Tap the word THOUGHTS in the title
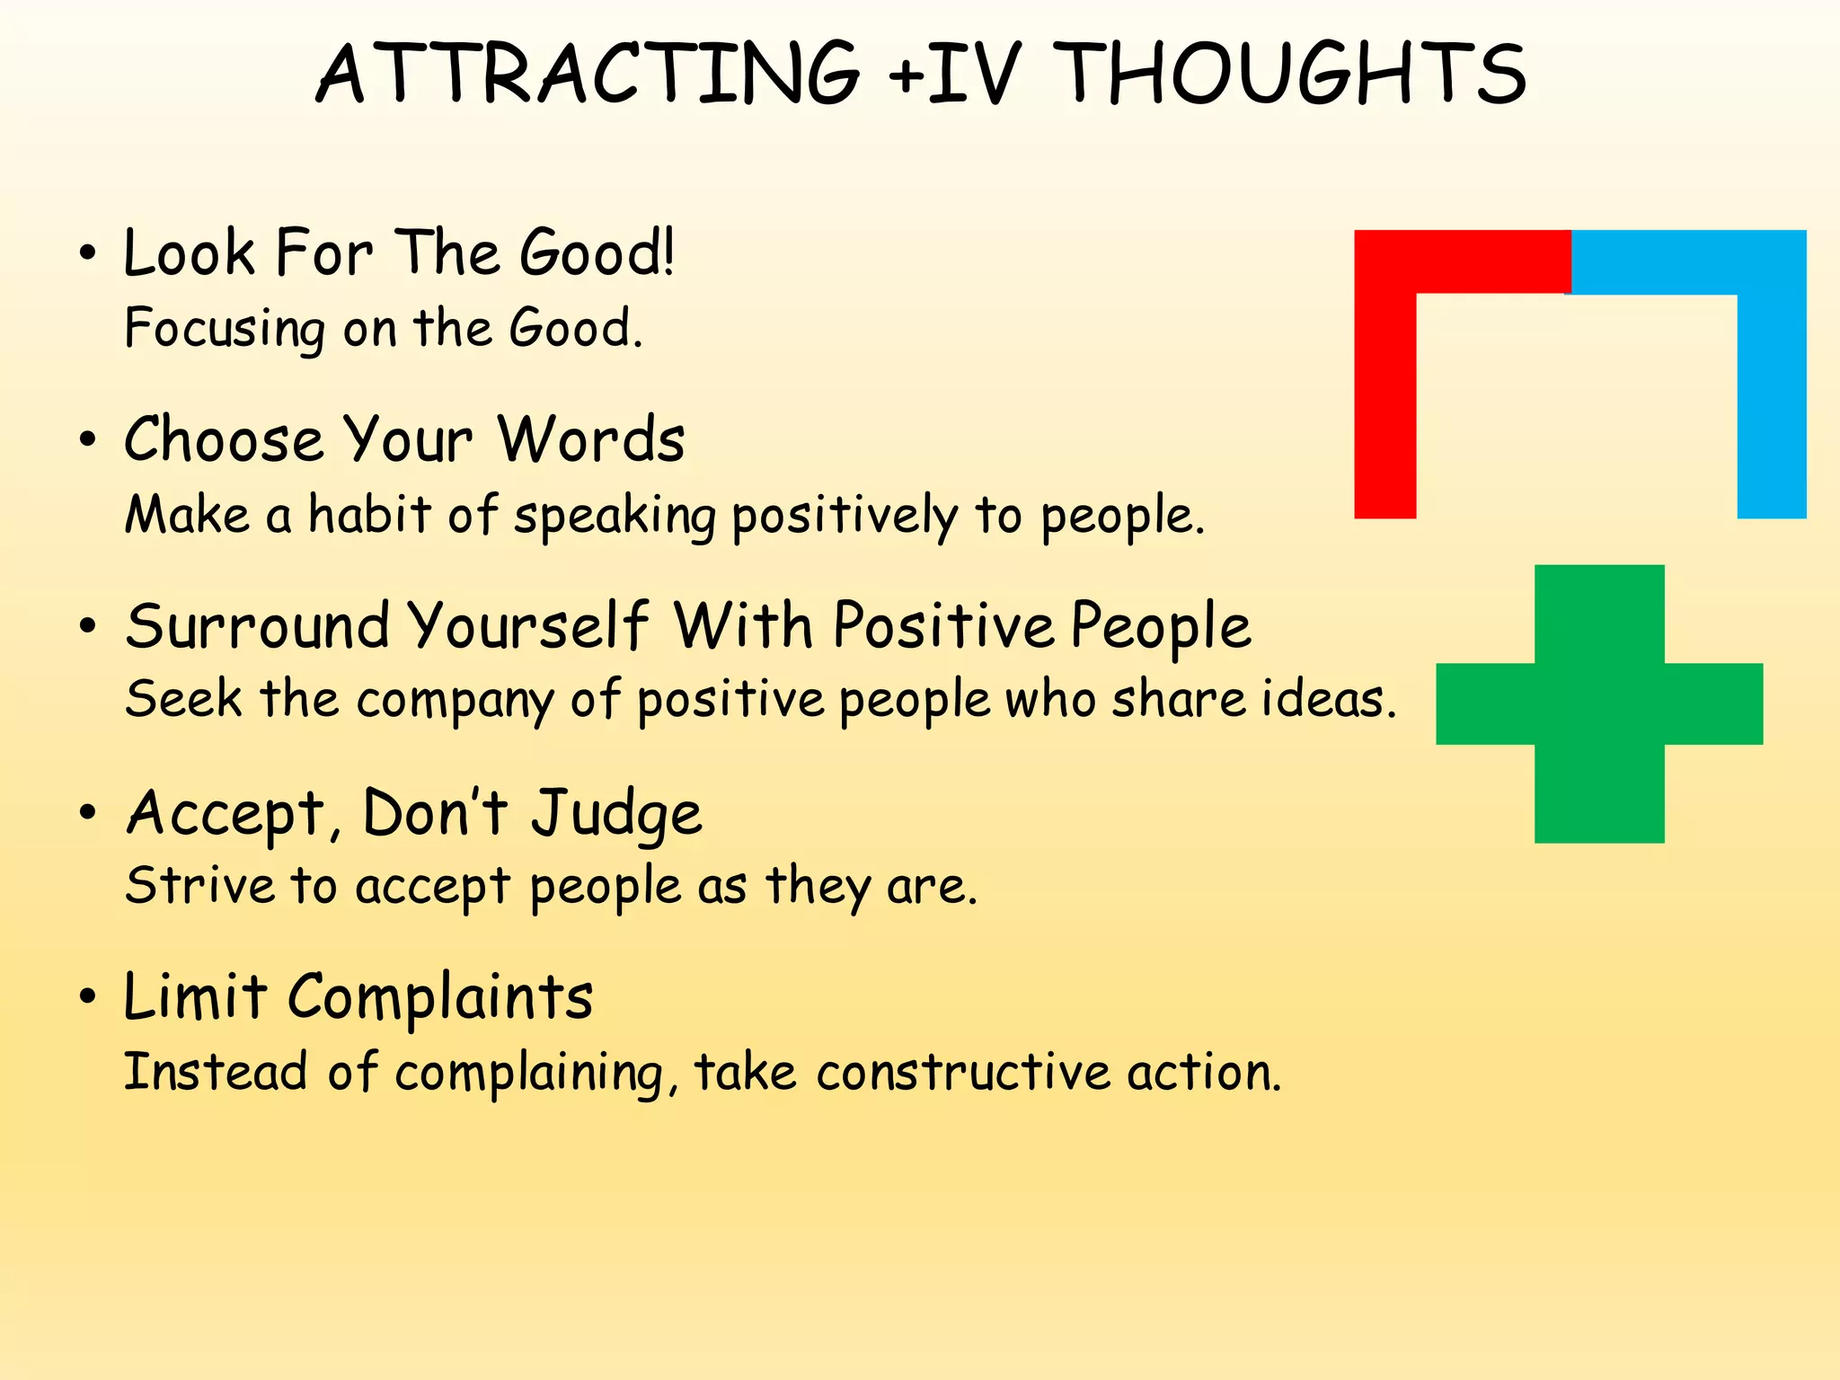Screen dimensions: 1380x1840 (x=1291, y=74)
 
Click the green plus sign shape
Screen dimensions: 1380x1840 (x=1599, y=703)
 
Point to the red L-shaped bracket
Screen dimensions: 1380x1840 (x=1385, y=377)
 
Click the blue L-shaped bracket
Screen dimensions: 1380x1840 (x=1772, y=377)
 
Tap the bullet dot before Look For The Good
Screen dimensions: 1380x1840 (x=87, y=254)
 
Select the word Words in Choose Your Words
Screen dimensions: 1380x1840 (x=590, y=440)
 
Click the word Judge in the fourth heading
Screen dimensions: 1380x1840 (x=615, y=813)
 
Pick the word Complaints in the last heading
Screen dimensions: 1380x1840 (x=440, y=997)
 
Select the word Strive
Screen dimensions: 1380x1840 (x=199, y=886)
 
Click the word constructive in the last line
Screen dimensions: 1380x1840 (x=963, y=1073)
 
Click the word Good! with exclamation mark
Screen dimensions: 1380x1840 (x=597, y=253)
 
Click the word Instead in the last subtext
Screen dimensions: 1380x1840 (x=215, y=1073)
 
